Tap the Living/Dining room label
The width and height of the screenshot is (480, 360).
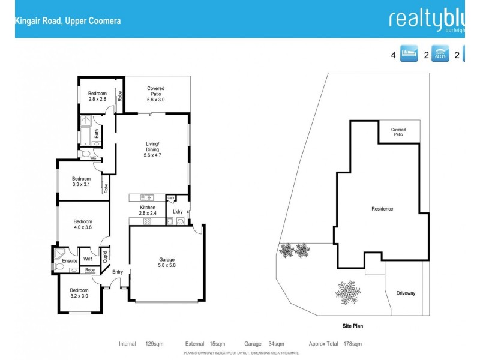pyautogui.click(x=153, y=149)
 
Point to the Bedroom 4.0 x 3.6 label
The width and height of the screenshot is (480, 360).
pyautogui.click(x=83, y=224)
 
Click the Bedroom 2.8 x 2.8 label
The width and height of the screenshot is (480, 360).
pyautogui.click(x=97, y=96)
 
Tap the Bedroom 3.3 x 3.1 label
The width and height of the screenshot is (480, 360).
pyautogui.click(x=81, y=182)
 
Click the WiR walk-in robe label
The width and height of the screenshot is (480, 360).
pyautogui.click(x=88, y=259)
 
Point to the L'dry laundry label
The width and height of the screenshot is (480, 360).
pyautogui.click(x=178, y=212)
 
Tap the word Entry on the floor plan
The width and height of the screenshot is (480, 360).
pyautogui.click(x=118, y=272)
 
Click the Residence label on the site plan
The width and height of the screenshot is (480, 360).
pyautogui.click(x=382, y=209)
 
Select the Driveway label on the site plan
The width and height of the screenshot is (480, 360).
pyautogui.click(x=406, y=293)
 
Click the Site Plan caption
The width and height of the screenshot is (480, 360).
pyautogui.click(x=349, y=326)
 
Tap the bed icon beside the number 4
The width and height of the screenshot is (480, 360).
pyautogui.click(x=409, y=55)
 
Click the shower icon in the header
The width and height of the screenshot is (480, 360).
pyautogui.click(x=441, y=55)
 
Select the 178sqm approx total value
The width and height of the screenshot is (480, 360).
pyautogui.click(x=352, y=344)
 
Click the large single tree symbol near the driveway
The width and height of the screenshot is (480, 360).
pyautogui.click(x=348, y=293)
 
